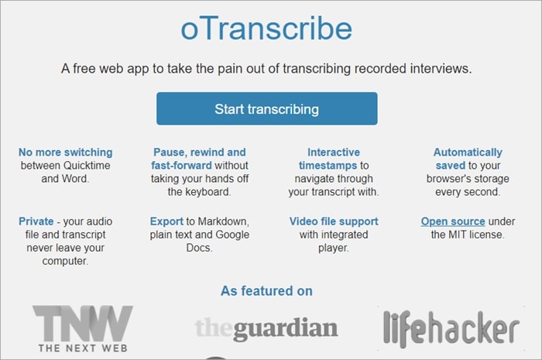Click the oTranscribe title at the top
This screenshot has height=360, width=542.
(266, 29)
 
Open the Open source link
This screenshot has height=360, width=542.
(453, 221)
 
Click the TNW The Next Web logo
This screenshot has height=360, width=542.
(83, 328)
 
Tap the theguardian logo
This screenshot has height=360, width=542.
(266, 328)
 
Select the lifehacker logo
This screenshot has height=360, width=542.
(451, 328)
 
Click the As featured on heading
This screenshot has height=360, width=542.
(266, 291)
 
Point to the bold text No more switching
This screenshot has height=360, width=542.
(65, 153)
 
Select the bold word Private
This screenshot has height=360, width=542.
(36, 221)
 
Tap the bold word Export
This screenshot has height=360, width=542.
(166, 221)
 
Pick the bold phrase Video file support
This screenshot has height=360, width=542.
(334, 221)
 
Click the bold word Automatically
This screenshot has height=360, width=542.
(468, 153)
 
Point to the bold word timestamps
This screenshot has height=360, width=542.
(328, 166)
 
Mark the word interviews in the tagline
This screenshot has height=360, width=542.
(441, 68)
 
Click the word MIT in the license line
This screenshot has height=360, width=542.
(458, 235)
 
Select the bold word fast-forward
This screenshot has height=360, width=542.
(181, 166)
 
